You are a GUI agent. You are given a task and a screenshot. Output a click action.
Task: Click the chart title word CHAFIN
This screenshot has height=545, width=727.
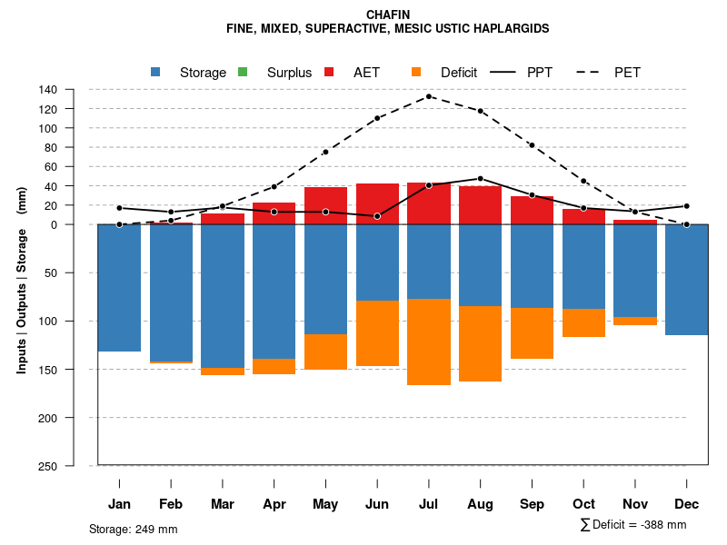[x=388, y=15]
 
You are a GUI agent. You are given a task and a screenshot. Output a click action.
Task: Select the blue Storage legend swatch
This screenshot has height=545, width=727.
[x=155, y=73]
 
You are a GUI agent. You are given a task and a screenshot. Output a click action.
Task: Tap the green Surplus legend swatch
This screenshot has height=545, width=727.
[x=243, y=73]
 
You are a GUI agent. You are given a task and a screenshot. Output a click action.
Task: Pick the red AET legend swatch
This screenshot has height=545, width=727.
[x=329, y=73]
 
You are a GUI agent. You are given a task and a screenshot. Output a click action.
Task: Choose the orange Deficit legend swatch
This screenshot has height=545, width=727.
[x=416, y=73]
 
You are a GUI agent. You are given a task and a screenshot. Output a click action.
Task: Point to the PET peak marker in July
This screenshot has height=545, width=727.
[x=429, y=96]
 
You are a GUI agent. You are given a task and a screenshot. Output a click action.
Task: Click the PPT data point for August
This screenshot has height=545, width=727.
[x=480, y=179]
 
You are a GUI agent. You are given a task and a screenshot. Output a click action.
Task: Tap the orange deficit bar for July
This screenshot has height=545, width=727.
[x=429, y=342]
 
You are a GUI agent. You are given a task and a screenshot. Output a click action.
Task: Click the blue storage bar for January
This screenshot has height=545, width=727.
[x=119, y=287]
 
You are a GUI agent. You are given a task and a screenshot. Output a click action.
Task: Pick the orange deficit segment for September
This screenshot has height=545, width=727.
[x=532, y=333]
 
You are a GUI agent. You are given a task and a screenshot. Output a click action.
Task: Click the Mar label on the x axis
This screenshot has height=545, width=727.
[x=223, y=504]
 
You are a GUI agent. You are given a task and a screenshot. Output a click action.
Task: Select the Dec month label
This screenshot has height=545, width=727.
[x=687, y=504]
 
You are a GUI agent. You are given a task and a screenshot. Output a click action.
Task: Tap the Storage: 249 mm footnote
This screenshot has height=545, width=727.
[x=134, y=529]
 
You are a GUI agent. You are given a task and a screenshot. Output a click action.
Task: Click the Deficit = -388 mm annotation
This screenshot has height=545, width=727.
[x=632, y=525]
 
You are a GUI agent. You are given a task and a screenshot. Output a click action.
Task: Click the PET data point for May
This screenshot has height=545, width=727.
[x=325, y=152]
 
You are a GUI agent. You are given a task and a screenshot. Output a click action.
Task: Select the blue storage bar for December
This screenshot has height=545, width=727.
[x=686, y=280]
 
